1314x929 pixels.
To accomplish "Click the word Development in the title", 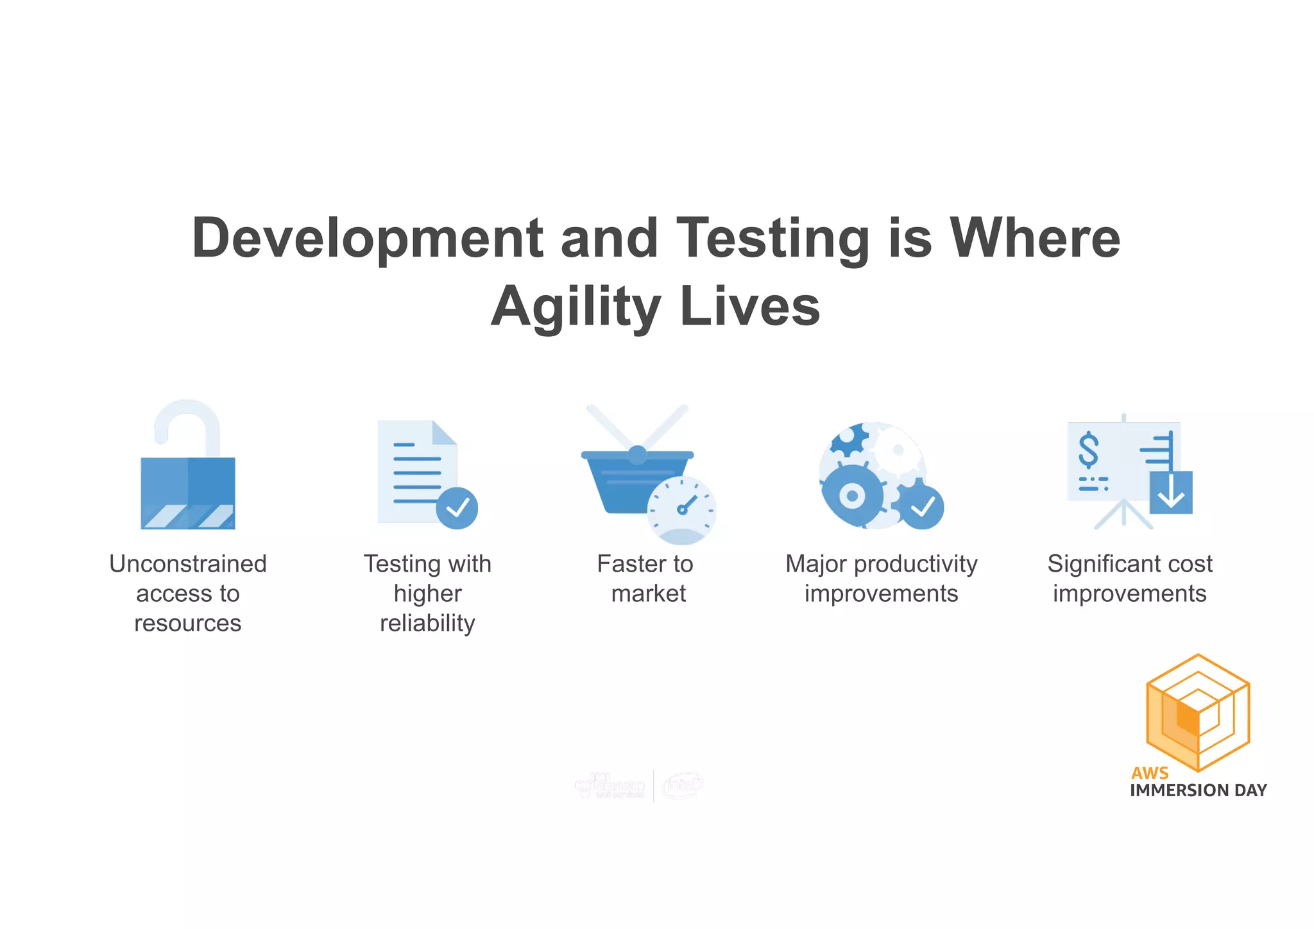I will [x=367, y=239].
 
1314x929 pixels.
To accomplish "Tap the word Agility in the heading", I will [x=576, y=307].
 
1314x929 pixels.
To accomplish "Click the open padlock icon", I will [x=188, y=491].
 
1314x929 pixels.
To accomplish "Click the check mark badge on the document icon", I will [x=457, y=508].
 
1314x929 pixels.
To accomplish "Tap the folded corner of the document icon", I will [x=444, y=433].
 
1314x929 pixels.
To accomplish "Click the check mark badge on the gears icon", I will [x=922, y=507].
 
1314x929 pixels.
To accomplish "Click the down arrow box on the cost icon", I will [x=1171, y=493].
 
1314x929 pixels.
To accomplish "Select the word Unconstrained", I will [x=188, y=564].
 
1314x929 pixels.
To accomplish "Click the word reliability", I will [x=427, y=623].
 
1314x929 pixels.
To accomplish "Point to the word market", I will [x=648, y=593].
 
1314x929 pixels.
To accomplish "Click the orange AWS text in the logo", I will [x=1150, y=772].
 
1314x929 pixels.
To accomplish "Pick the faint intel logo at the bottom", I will [x=683, y=785].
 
